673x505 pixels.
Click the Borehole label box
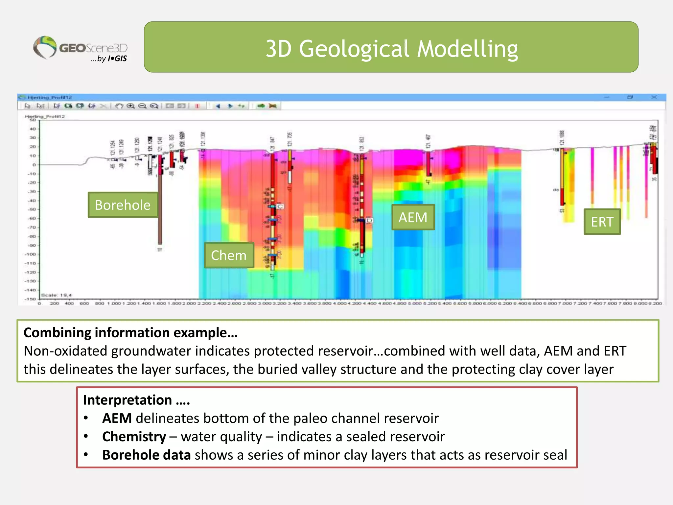[123, 205]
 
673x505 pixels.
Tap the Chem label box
[229, 255]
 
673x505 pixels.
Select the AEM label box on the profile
[413, 217]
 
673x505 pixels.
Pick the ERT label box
[602, 222]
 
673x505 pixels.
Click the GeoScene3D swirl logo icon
[45, 47]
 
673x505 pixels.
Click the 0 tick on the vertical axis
[34, 165]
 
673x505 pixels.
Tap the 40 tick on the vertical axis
[33, 129]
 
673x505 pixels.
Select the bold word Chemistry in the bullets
[134, 437]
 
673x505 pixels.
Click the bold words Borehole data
[146, 455]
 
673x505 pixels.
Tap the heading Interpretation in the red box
[127, 400]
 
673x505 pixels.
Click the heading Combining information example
[130, 332]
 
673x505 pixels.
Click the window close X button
[654, 97]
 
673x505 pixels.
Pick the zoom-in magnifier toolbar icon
[131, 106]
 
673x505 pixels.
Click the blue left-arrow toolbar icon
[218, 106]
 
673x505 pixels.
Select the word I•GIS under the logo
[117, 59]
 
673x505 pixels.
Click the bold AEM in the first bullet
[117, 418]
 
